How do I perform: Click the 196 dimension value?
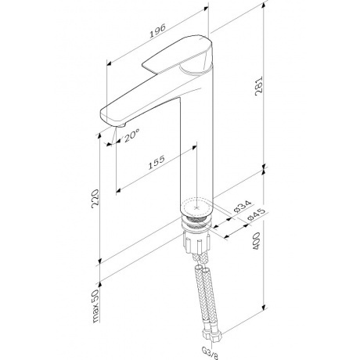[x=157, y=31]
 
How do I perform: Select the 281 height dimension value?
[x=259, y=86]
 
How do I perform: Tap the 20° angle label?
[x=131, y=136]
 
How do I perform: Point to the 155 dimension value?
[x=157, y=163]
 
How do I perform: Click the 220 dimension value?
[x=95, y=199]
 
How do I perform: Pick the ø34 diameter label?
[x=243, y=207]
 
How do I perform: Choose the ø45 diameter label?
[x=256, y=214]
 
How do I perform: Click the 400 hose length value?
[x=257, y=241]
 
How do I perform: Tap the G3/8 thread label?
[x=211, y=353]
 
